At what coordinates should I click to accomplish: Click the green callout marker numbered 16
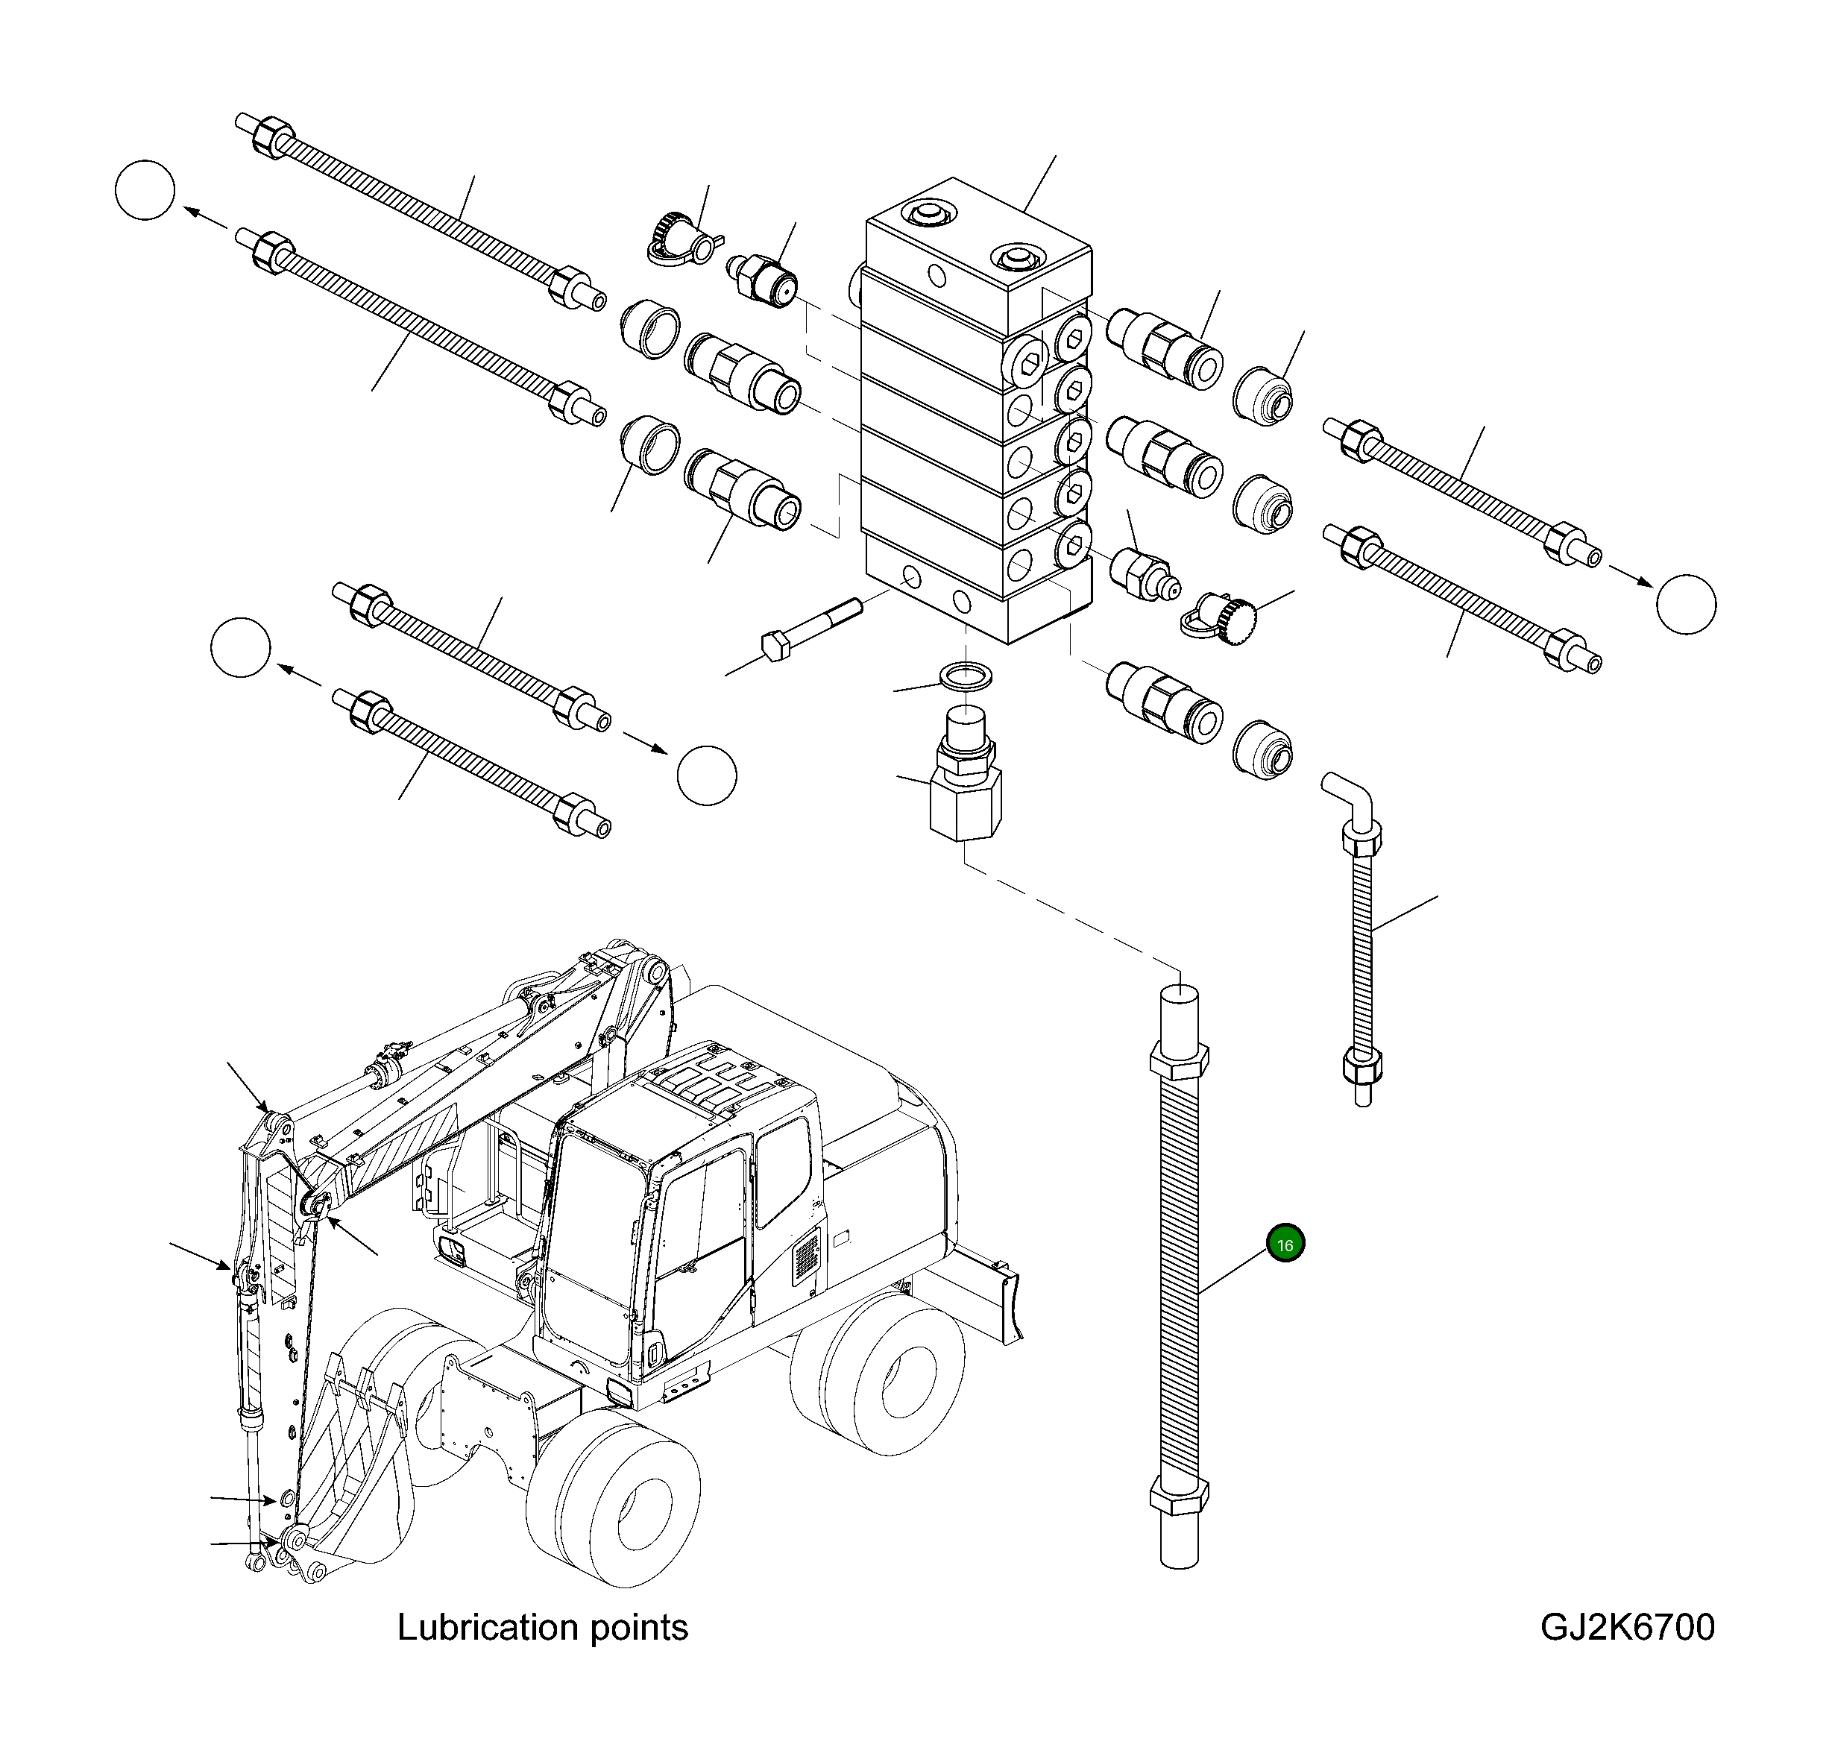coord(1285,1244)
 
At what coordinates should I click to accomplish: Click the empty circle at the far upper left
coord(145,190)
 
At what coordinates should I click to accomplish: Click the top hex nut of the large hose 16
coord(1179,1061)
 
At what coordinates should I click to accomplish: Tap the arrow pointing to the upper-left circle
coord(204,219)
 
